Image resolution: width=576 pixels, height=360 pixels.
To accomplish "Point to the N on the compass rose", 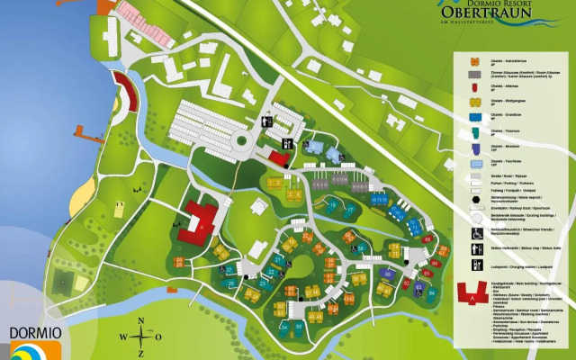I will (139, 322).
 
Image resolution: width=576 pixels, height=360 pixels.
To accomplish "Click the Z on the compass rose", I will (139, 352).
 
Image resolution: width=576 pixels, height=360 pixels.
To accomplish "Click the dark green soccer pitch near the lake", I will (60, 282).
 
